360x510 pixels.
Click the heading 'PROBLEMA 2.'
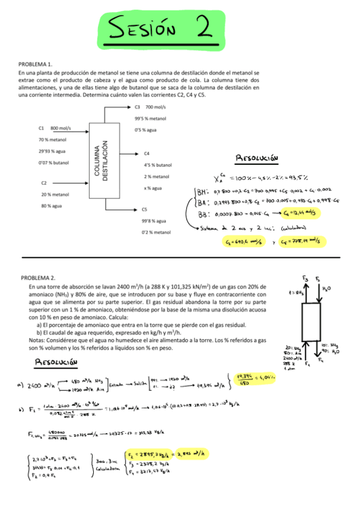click(x=38, y=278)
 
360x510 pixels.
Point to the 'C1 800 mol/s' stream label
click(x=54, y=128)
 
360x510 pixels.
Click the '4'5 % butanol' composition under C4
click(x=157, y=165)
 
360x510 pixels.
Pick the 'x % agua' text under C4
click(x=154, y=188)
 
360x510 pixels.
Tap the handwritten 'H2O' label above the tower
click(x=327, y=289)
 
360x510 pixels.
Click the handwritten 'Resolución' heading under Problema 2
click(x=58, y=362)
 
